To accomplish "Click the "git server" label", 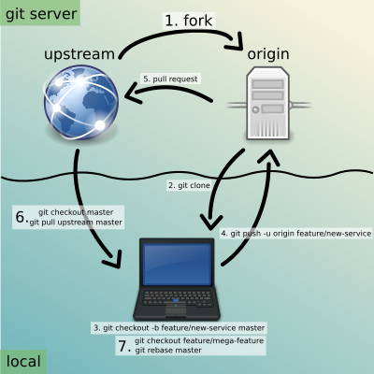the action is click(41, 14).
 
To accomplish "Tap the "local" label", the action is click(23, 361).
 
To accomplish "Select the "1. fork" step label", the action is click(189, 21).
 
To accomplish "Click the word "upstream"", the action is click(79, 54).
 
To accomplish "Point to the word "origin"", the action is click(268, 54).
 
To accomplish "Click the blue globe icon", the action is click(81, 102).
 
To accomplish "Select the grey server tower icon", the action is click(268, 103).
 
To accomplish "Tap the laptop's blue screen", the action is click(177, 264).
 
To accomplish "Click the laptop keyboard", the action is click(177, 298).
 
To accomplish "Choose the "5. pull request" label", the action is click(170, 79).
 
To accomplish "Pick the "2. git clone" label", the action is click(189, 185).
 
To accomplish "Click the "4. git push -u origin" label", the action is click(296, 233).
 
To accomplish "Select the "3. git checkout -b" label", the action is click(180, 328).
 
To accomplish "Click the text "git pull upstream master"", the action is click(76, 223).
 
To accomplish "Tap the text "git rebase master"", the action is click(168, 351).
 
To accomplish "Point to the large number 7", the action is click(123, 346).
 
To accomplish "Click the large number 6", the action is click(21, 217).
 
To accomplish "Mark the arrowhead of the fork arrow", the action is click(234, 40).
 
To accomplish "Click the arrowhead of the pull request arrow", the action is click(133, 93).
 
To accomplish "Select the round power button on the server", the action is click(255, 109).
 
